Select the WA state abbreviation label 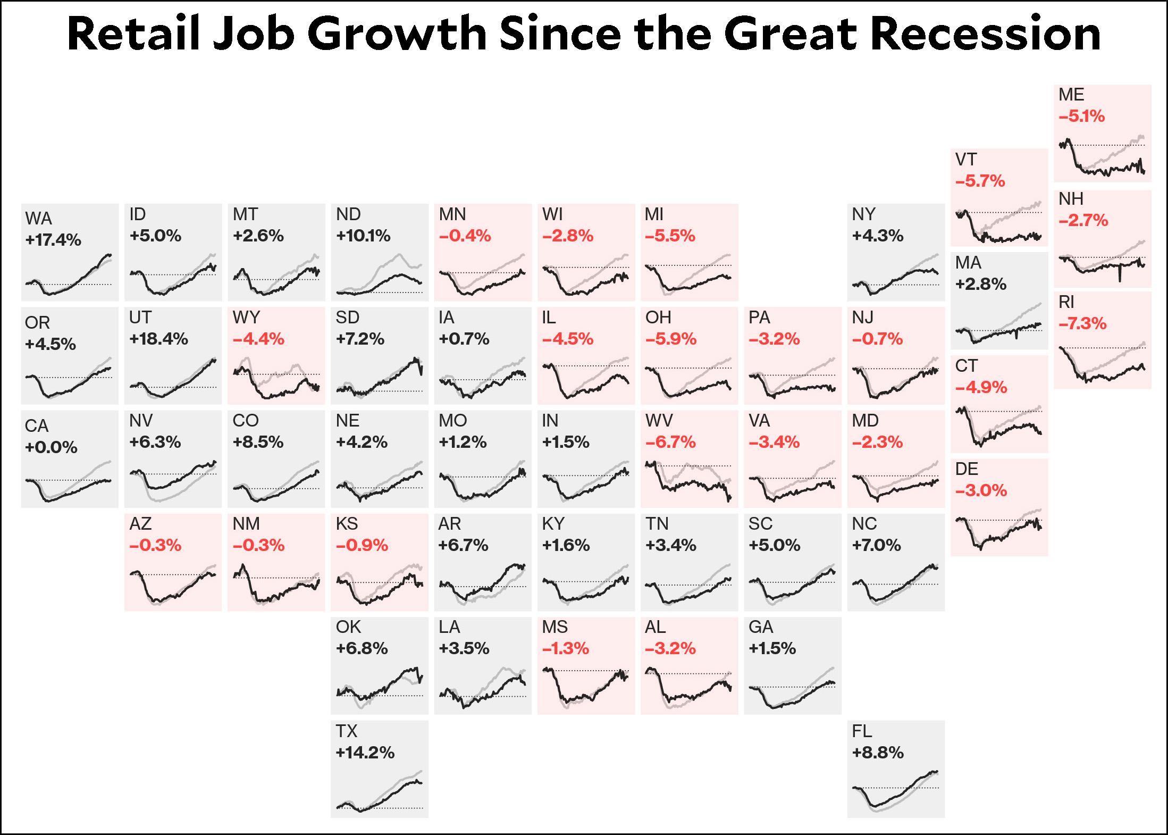38,219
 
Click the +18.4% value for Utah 158,339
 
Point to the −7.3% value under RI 1082,323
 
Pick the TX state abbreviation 347,731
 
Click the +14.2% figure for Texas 365,753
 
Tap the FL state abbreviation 862,731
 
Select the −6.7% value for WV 670,442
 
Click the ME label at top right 1071,95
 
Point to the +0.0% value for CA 51,447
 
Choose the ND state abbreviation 348,214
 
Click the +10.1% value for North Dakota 363,236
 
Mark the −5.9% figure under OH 671,339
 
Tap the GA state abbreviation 761,627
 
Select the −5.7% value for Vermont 980,181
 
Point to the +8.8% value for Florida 878,753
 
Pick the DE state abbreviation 967,469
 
